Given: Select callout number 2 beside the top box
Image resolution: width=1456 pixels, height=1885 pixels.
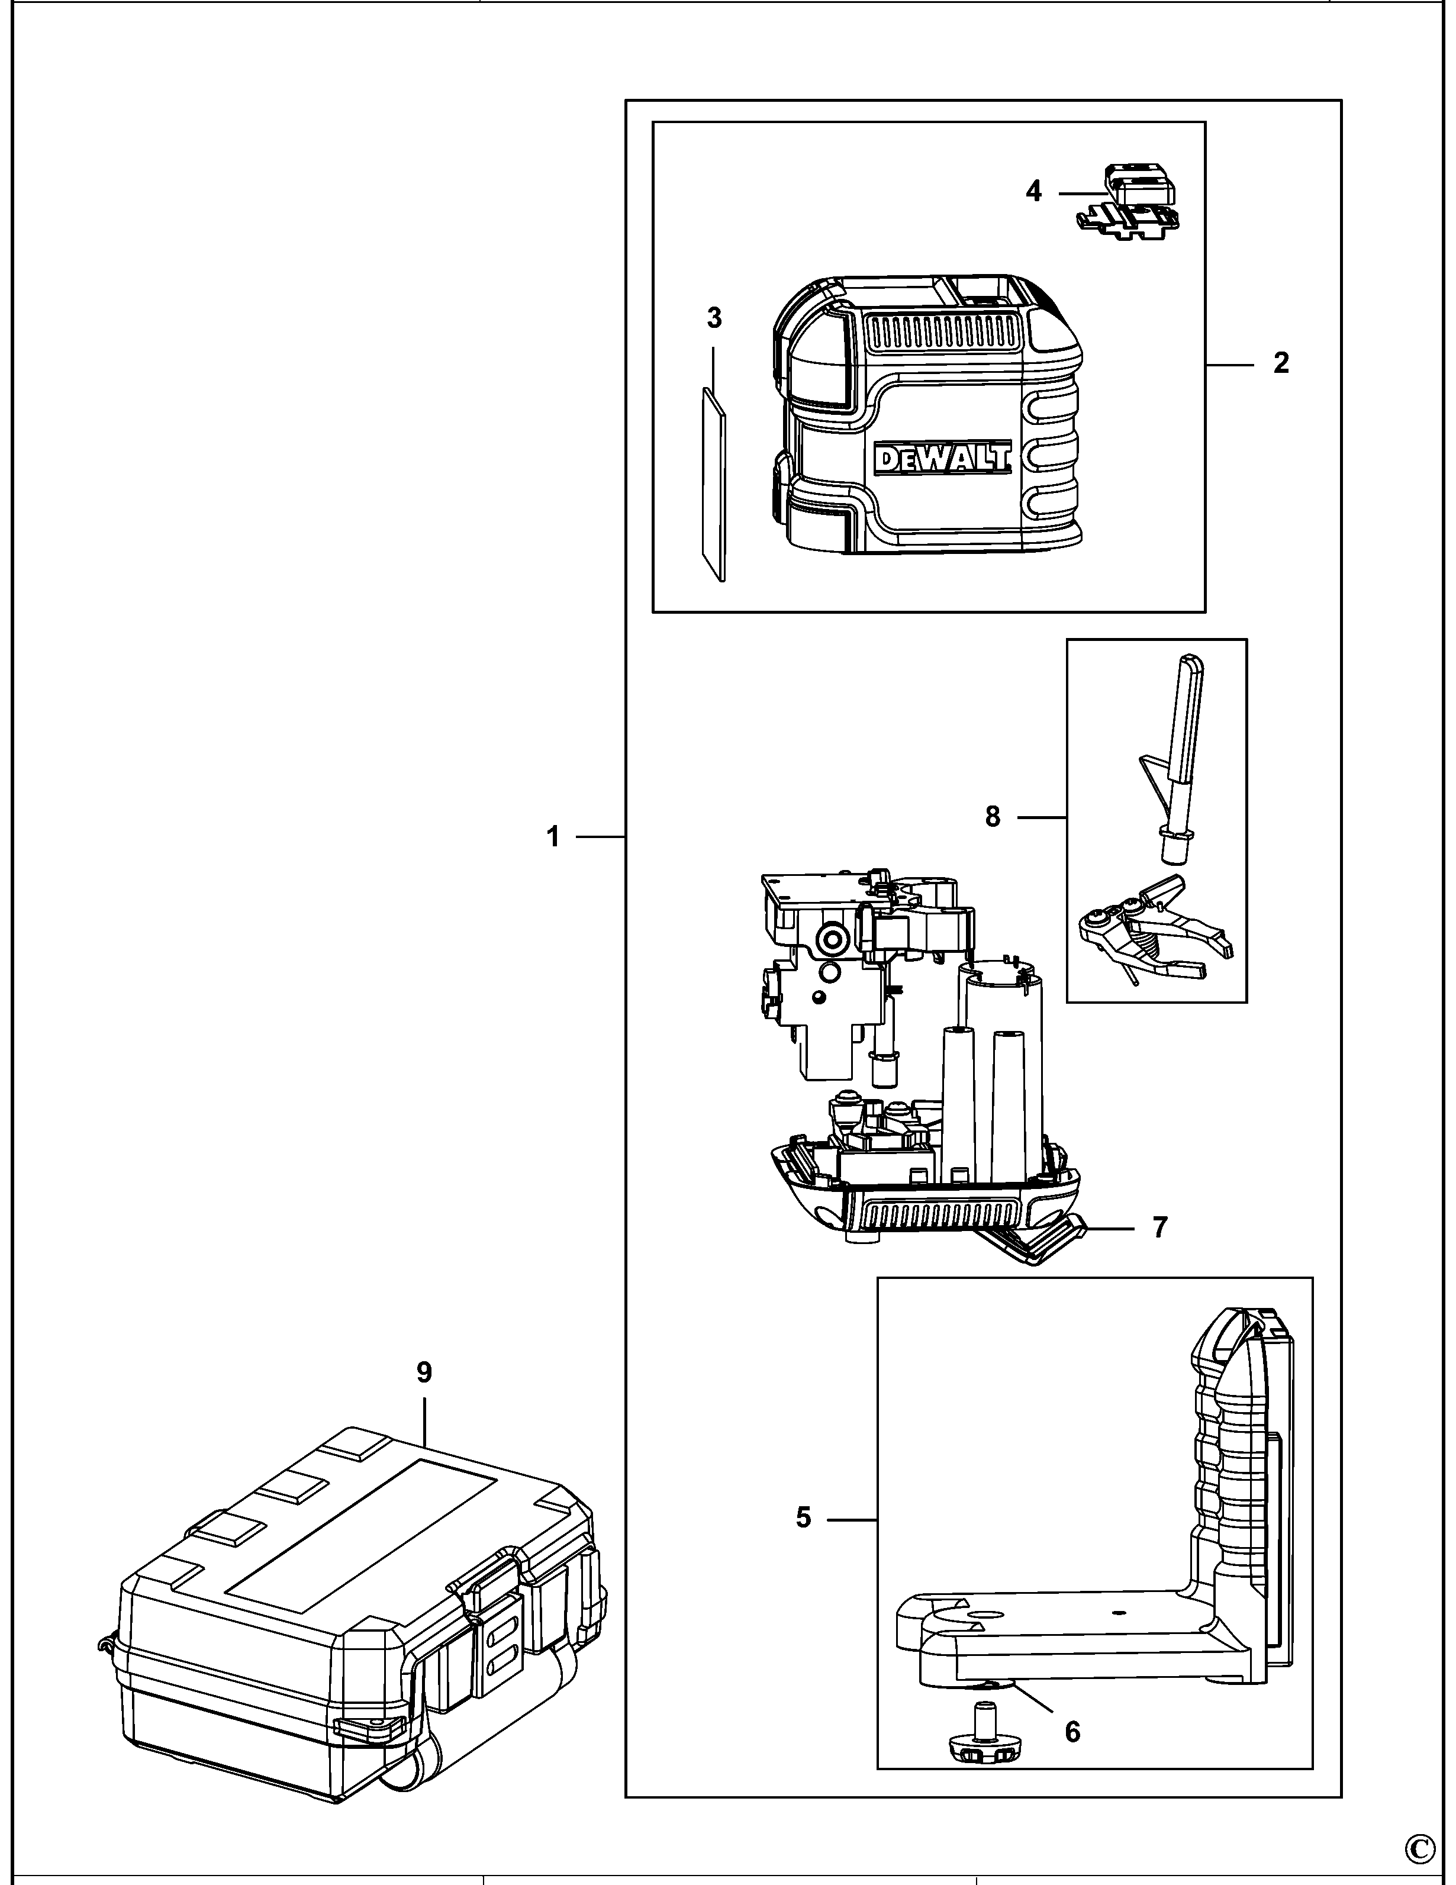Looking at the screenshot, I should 1281,363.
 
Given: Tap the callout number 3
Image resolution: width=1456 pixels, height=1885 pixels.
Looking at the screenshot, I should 714,318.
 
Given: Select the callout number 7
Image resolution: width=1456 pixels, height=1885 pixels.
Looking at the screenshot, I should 1159,1226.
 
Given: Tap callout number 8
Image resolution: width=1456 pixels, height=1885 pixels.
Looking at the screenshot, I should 993,816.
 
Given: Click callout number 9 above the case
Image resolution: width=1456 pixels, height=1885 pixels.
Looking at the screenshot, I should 424,1371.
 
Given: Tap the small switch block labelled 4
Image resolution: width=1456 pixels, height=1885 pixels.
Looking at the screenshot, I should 1139,186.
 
